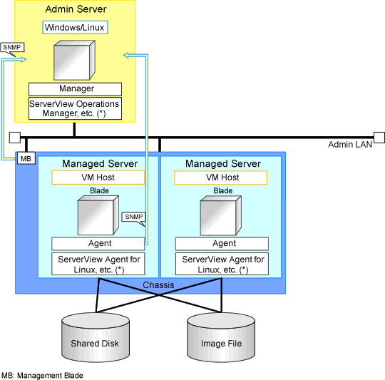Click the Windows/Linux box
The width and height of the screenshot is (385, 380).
coord(75,27)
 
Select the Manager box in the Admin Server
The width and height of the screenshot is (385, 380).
coord(75,89)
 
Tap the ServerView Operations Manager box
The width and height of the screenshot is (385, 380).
coord(75,108)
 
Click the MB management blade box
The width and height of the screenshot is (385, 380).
coord(26,158)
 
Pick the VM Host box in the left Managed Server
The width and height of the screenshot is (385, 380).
coord(98,178)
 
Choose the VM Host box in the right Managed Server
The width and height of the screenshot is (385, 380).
coord(221,178)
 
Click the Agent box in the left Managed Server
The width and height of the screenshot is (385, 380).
coord(98,244)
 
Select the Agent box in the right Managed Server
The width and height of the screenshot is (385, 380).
coord(222,244)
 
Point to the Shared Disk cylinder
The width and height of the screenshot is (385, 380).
coord(96,337)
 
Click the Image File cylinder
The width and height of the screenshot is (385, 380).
coord(221,337)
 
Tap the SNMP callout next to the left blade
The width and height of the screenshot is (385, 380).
coord(134,217)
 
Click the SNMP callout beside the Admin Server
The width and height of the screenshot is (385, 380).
coord(12,47)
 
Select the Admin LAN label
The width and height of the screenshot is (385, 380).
coord(350,145)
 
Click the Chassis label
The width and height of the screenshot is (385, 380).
coord(158,285)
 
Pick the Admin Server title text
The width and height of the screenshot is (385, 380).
coord(76,9)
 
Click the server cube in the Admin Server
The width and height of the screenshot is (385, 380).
coord(74,61)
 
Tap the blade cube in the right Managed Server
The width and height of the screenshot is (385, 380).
coord(221,215)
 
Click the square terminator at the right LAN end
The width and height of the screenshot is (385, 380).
coord(379,137)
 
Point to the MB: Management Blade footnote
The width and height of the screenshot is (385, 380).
coord(42,376)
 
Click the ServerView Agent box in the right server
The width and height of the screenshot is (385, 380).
coord(222,264)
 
